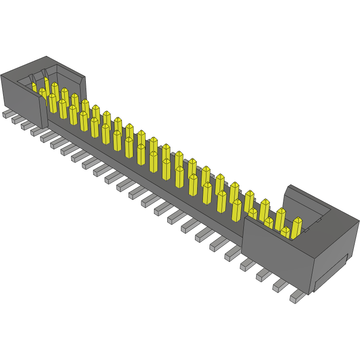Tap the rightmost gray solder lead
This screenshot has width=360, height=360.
(297, 298)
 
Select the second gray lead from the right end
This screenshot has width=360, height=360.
(280, 287)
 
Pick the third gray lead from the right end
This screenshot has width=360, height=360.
(263, 276)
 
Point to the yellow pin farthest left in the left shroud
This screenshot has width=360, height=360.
(34, 87)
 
